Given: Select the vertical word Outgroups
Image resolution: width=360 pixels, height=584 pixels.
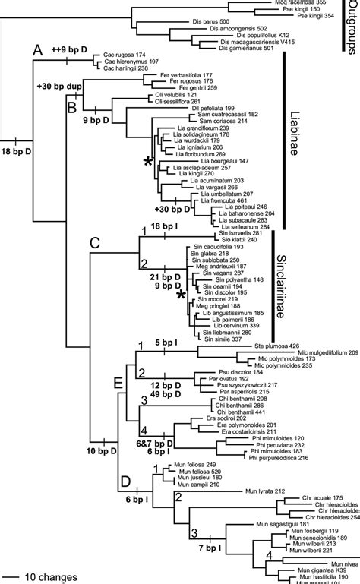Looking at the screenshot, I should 350,26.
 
